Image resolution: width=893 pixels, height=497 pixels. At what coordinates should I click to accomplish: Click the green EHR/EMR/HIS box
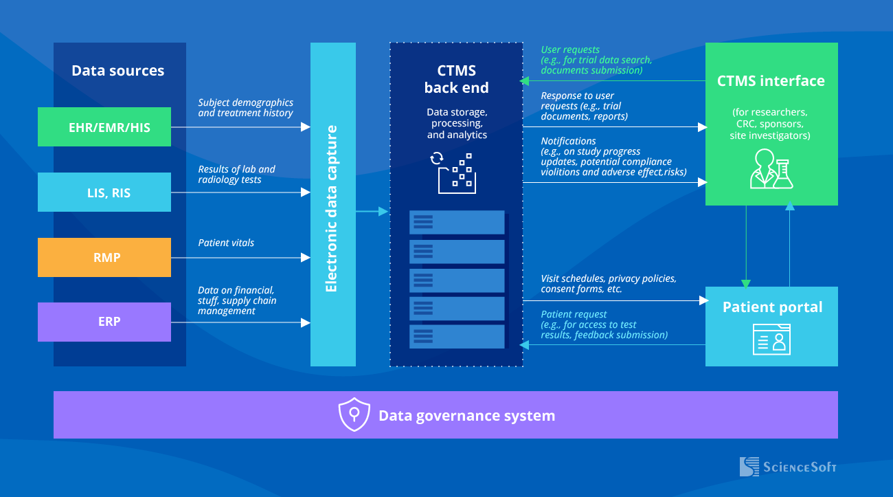click(x=104, y=127)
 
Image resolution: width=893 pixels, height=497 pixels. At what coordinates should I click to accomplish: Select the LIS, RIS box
click(x=104, y=192)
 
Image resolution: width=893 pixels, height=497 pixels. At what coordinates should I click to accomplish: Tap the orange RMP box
click(x=104, y=258)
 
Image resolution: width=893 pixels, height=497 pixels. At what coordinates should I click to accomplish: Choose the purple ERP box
click(x=104, y=322)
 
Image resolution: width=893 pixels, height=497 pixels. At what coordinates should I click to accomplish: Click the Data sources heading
click(x=118, y=71)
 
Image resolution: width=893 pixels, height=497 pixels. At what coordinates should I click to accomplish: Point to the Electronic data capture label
click(x=332, y=208)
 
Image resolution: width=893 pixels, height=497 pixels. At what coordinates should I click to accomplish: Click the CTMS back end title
click(x=457, y=79)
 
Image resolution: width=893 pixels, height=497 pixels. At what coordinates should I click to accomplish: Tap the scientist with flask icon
click(x=771, y=169)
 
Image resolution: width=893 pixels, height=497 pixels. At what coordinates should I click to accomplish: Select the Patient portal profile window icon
click(x=771, y=338)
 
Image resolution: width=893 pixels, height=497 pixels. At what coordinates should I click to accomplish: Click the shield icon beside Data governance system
click(x=354, y=415)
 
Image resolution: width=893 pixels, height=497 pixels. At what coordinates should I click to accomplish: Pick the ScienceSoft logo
click(x=788, y=467)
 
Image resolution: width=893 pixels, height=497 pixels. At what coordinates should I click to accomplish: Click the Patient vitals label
click(x=226, y=243)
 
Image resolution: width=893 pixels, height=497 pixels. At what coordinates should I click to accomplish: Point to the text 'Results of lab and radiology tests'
click(x=237, y=175)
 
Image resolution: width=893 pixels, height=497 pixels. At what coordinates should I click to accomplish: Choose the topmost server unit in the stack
click(x=457, y=222)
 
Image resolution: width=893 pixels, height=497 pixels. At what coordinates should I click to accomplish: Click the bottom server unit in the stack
click(x=457, y=336)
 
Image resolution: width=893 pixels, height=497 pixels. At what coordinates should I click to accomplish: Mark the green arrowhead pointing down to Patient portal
click(x=746, y=283)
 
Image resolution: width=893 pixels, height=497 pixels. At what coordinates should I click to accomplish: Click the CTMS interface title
click(x=771, y=81)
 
